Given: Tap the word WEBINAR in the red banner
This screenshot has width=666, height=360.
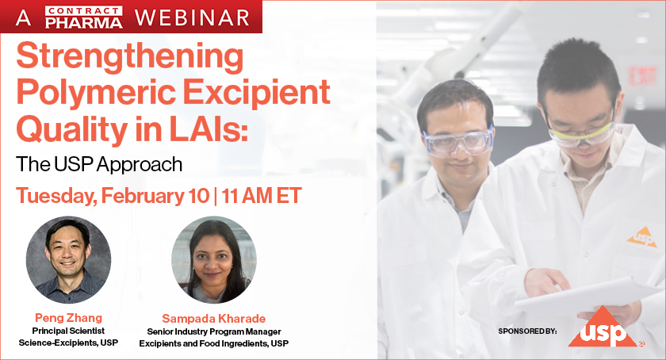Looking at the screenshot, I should [x=191, y=17].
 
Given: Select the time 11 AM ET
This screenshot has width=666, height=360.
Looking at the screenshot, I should [x=261, y=195].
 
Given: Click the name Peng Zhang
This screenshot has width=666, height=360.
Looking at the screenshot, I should [x=69, y=318].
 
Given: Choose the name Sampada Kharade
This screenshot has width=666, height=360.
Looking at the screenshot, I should [x=213, y=318].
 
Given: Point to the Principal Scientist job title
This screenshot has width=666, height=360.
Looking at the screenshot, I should [x=69, y=331].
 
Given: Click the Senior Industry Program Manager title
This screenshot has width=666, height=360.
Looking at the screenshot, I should [x=214, y=331].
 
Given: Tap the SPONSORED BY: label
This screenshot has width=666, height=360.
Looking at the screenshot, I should [x=529, y=329].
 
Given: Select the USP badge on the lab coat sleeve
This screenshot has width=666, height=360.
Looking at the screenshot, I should [x=642, y=236].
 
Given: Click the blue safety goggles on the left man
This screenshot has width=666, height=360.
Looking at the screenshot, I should [x=458, y=141].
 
